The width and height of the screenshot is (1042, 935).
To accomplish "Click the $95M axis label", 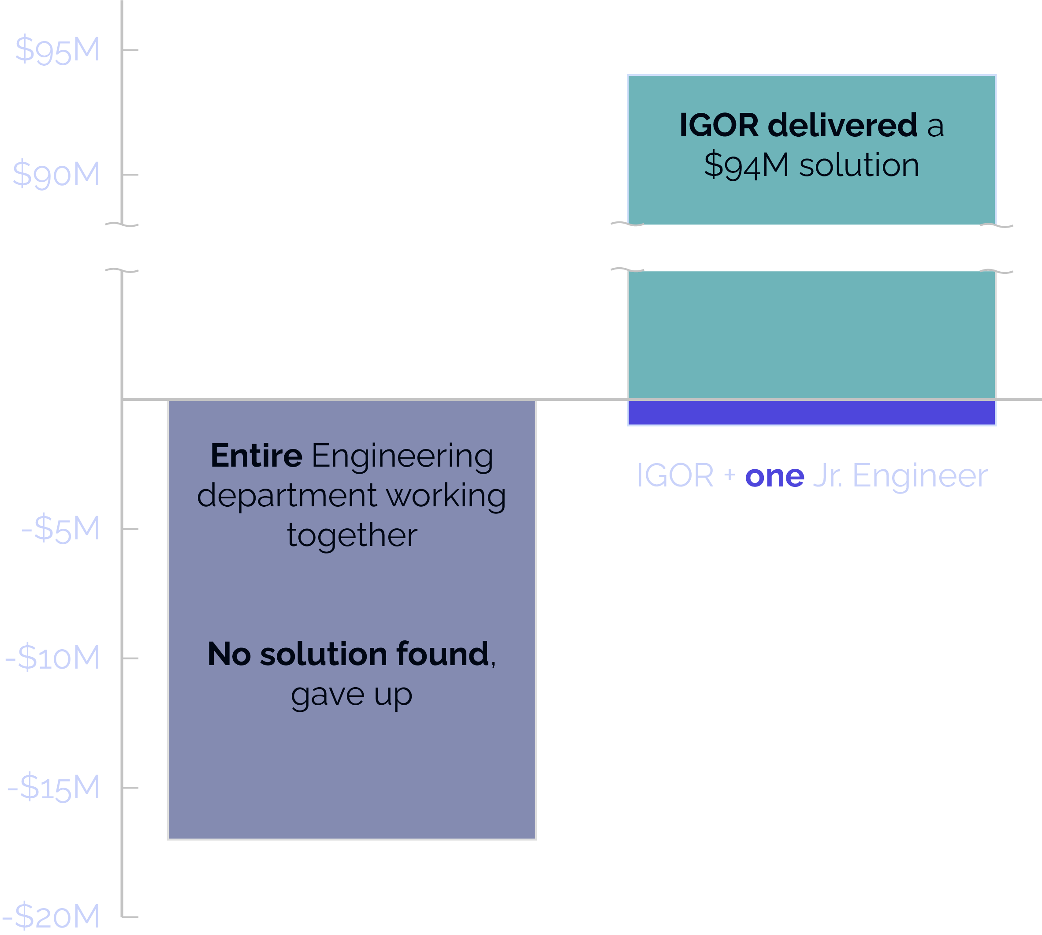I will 57,50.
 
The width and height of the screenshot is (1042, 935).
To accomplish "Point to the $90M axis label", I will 56,174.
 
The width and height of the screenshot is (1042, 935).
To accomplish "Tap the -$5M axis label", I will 60,529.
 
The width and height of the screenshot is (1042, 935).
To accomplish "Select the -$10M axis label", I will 52,658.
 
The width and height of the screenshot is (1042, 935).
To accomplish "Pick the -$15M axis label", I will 53,788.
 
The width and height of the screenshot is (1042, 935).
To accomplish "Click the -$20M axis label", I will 51,916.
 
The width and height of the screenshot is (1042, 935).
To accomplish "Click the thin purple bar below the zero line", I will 811,412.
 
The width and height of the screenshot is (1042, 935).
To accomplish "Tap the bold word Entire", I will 256,456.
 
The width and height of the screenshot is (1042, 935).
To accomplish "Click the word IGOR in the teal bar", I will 718,125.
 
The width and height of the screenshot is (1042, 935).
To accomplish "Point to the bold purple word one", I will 774,476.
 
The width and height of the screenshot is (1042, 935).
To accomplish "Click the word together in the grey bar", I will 352,535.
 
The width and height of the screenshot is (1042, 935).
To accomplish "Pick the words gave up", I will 352,696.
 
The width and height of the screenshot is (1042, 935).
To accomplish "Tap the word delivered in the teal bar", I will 842,125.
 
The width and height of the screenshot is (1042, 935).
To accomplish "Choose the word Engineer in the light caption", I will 920,476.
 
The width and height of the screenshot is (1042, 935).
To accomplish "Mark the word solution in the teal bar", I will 859,165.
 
